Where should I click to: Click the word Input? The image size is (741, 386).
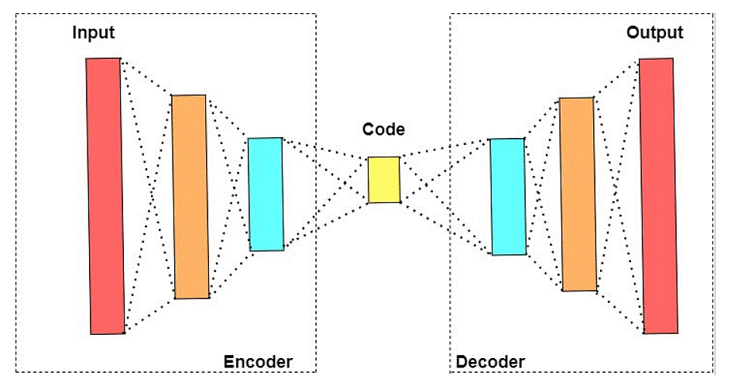click(x=94, y=33)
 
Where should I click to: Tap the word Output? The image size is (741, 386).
click(x=655, y=33)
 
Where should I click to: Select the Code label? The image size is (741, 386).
click(x=383, y=129)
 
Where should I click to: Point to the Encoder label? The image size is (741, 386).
click(x=258, y=362)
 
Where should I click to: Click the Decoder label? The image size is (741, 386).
click(x=490, y=362)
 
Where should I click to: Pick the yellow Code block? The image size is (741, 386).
click(x=384, y=180)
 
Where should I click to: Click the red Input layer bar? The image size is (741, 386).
click(x=105, y=196)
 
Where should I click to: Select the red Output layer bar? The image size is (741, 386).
click(x=657, y=195)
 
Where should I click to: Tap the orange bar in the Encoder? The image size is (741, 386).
click(x=190, y=196)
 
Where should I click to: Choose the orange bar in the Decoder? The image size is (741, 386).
click(x=578, y=195)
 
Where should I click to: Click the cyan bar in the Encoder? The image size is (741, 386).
click(x=266, y=194)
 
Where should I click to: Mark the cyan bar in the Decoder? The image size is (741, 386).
click(x=508, y=197)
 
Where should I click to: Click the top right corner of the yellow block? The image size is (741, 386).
click(x=400, y=157)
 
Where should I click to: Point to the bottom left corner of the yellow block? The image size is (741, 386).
click(x=369, y=203)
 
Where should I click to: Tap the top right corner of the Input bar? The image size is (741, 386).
click(x=120, y=58)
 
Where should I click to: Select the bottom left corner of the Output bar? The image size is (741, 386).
click(x=644, y=333)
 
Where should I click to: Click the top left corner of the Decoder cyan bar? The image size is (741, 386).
click(x=490, y=140)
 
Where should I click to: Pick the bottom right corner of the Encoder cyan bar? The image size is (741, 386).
click(x=284, y=249)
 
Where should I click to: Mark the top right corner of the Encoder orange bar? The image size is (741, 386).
click(x=205, y=95)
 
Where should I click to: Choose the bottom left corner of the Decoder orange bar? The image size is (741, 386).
click(x=563, y=291)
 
